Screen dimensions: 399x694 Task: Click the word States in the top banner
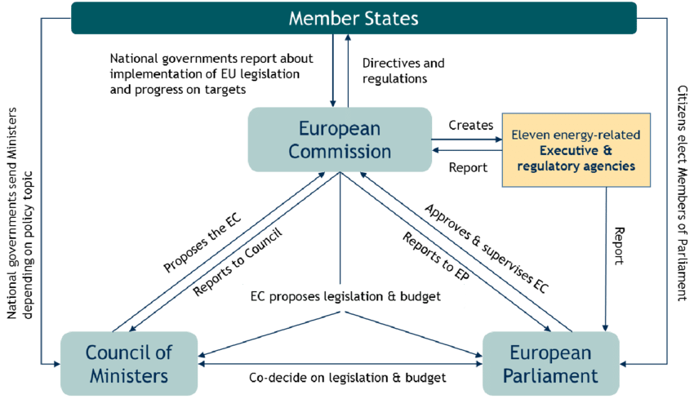pyautogui.click(x=389, y=18)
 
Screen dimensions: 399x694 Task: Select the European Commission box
pyautogui.click(x=340, y=140)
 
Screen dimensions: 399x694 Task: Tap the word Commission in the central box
pyautogui.click(x=340, y=151)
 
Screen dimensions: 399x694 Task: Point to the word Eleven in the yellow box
pyautogui.click(x=530, y=134)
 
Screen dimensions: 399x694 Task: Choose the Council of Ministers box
pyautogui.click(x=129, y=364)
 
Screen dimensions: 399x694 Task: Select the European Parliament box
pyautogui.click(x=550, y=364)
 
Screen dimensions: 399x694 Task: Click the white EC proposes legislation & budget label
pyautogui.click(x=354, y=297)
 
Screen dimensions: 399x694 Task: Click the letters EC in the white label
pyautogui.click(x=256, y=297)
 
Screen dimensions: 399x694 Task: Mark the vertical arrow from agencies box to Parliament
pyautogui.click(x=605, y=253)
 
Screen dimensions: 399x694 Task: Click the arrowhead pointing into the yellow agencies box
pyautogui.click(x=498, y=139)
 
